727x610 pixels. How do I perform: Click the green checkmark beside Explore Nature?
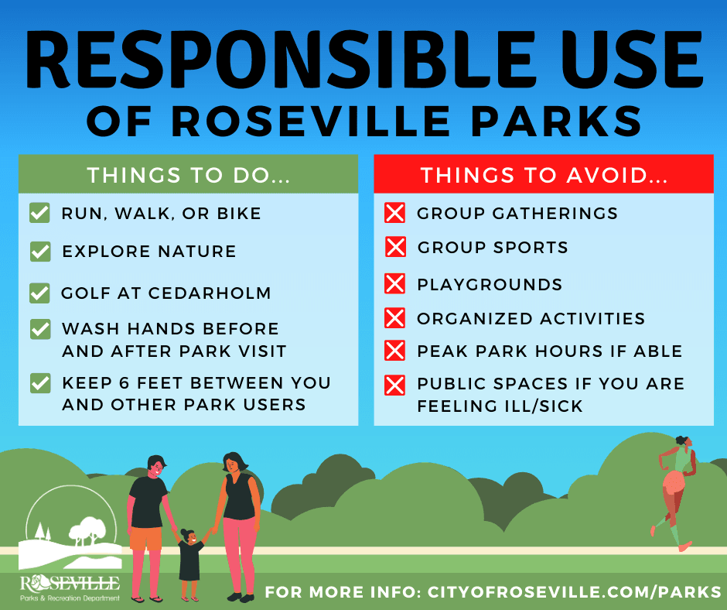(x=39, y=252)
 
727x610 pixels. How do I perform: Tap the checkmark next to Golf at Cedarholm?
(x=39, y=293)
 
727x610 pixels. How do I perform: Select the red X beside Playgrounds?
(x=395, y=284)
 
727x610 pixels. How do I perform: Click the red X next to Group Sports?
(x=395, y=247)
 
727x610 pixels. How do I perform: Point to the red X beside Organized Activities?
(x=395, y=318)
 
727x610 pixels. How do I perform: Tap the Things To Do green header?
(x=188, y=174)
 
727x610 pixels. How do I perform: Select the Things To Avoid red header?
(x=544, y=174)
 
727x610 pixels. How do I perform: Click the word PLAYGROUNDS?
(x=490, y=284)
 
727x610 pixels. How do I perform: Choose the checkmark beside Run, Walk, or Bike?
(x=39, y=213)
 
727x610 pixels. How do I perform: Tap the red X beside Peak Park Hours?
(x=395, y=351)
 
